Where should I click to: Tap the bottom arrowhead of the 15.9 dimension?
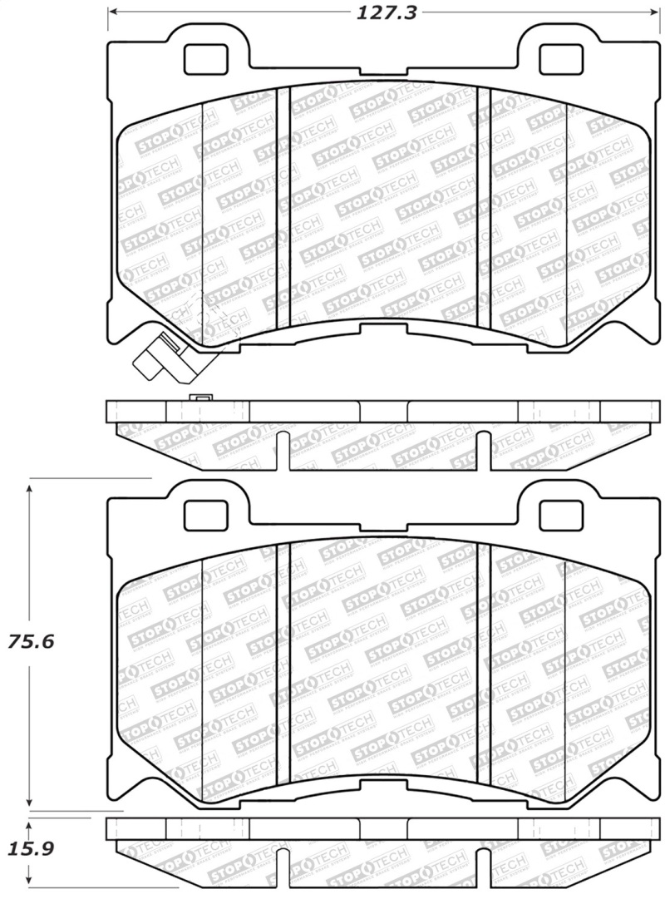tap(30, 882)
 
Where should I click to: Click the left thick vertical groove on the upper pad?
tap(283, 208)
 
